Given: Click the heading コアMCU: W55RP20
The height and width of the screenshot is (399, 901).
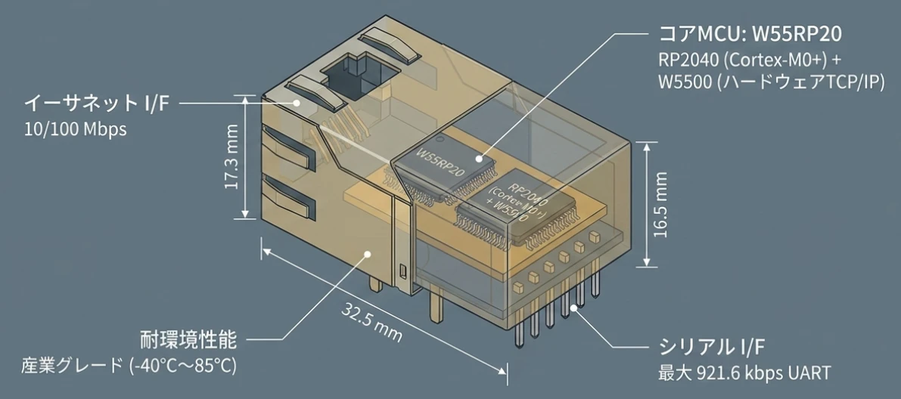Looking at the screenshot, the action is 750,35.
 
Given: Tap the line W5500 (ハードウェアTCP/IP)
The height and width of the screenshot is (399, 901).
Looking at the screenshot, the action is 771,82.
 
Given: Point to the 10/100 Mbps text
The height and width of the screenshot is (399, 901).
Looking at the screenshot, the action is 76,129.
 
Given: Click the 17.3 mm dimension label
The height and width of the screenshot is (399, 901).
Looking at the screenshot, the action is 231,156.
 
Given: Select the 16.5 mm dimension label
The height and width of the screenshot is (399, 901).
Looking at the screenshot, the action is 661,204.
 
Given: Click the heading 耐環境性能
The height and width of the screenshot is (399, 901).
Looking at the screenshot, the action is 188,340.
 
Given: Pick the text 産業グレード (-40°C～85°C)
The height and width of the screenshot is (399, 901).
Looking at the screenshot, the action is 129,365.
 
